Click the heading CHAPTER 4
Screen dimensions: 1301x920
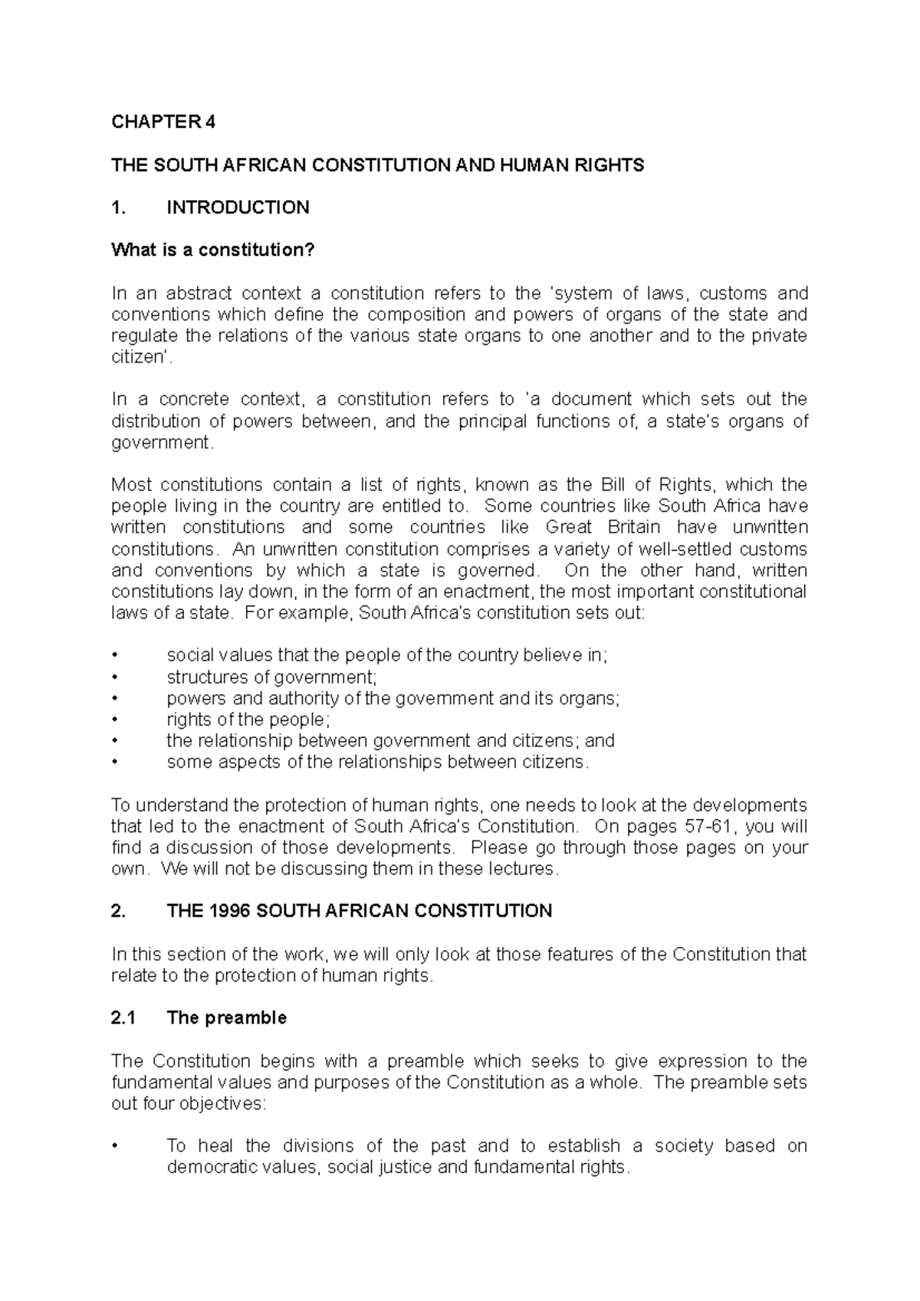pos(163,122)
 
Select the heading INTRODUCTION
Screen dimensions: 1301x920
pos(238,208)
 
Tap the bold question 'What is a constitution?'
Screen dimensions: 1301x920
pos(213,251)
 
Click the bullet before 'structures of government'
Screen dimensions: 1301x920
pos(115,677)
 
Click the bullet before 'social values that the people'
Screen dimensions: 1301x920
pos(115,656)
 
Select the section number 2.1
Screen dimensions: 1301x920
pos(123,1018)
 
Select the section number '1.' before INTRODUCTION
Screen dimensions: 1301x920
pos(117,208)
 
